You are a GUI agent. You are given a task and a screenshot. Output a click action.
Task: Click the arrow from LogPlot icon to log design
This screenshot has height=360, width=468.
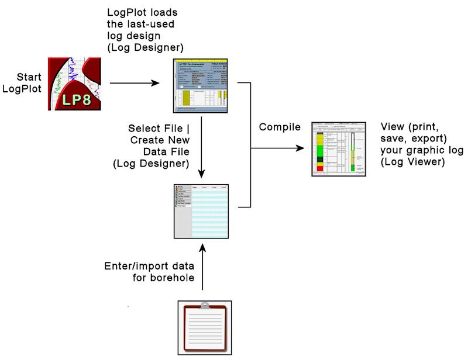click(135, 82)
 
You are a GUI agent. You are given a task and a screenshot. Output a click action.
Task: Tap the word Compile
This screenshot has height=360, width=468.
click(280, 127)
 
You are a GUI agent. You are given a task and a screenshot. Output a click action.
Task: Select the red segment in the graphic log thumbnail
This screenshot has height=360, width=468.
click(319, 168)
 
